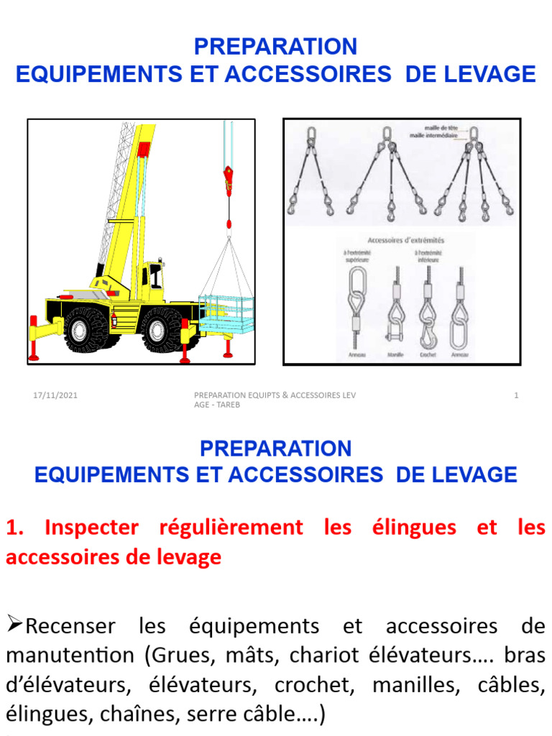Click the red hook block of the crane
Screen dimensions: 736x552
point(229,180)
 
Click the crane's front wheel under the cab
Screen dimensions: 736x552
point(160,329)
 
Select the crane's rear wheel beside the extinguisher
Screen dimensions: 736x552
point(84,329)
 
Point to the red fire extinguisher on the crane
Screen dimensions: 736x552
point(112,318)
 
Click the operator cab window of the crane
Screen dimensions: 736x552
point(155,276)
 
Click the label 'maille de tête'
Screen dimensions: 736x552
point(430,126)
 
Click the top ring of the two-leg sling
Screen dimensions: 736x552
point(313,134)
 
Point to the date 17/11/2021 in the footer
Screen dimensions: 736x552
point(55,395)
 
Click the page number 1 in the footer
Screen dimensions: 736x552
point(516,395)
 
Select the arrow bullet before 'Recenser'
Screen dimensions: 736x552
point(14,625)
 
